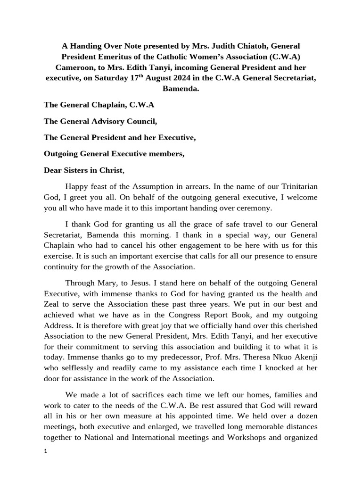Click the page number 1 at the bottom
[45, 450]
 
